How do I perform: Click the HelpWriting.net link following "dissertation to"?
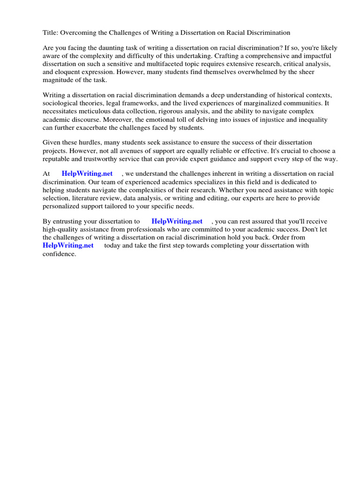coord(177,221)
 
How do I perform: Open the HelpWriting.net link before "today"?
coord(68,245)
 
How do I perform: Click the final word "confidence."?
coord(59,254)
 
